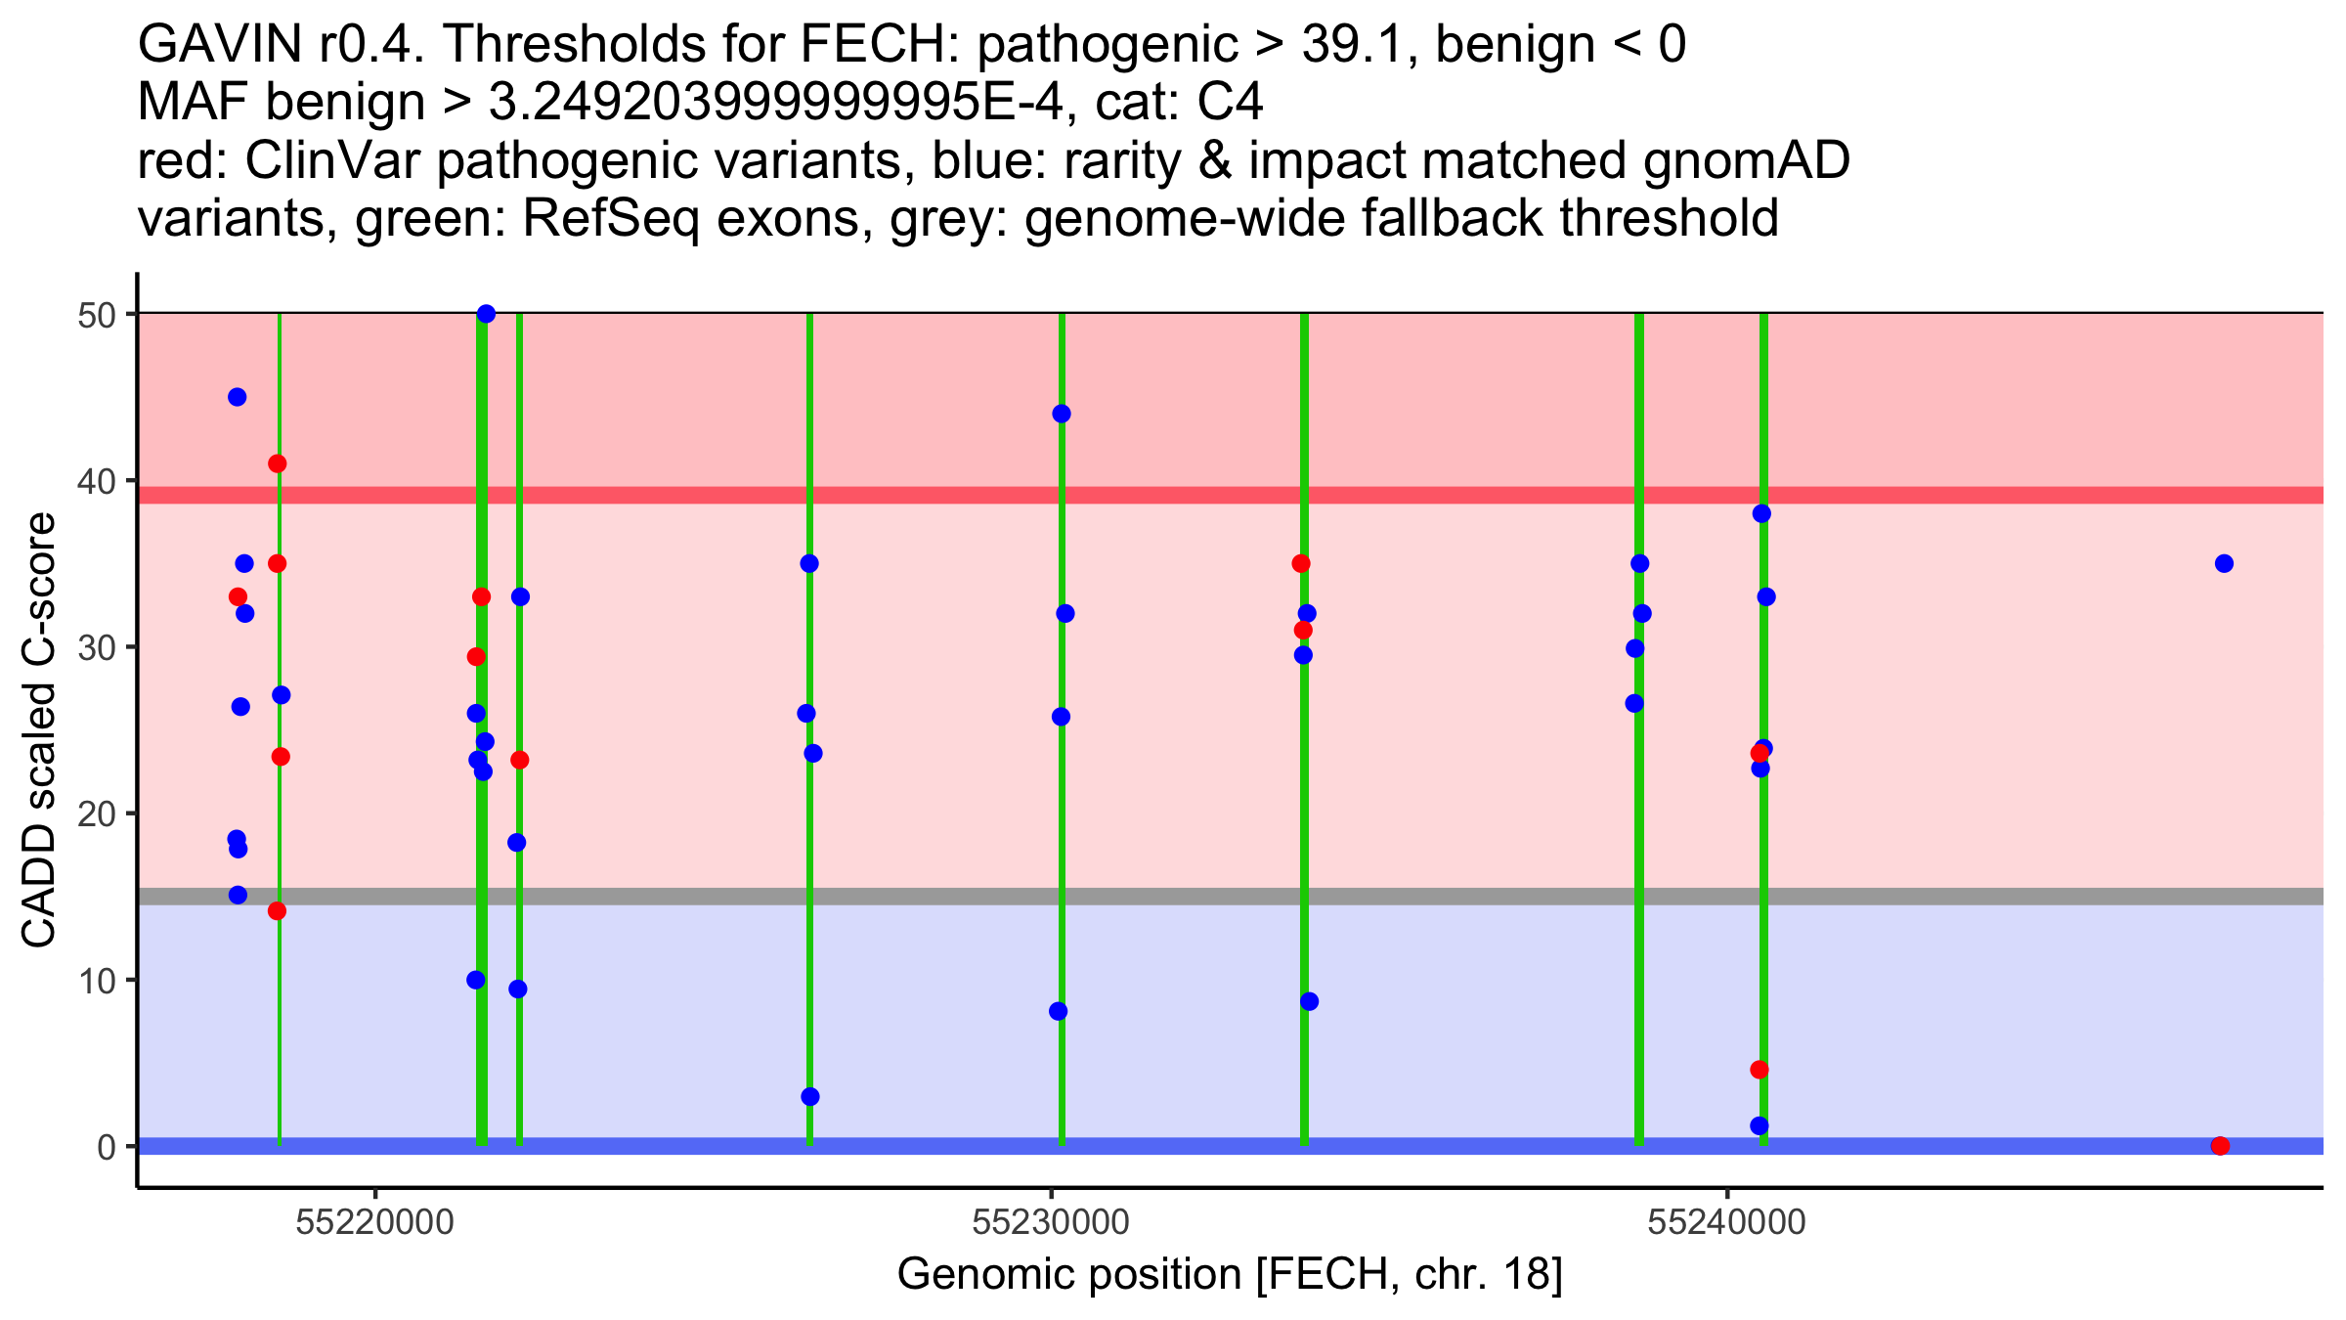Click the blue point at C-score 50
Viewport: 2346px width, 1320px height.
point(486,314)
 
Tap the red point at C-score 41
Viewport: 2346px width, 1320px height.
point(278,463)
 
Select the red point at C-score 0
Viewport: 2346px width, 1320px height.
point(2220,1146)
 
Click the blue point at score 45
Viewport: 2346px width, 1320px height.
point(237,397)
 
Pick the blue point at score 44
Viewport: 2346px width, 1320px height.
point(1062,414)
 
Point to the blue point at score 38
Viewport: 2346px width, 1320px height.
point(1761,513)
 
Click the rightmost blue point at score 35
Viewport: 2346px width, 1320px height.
point(2224,563)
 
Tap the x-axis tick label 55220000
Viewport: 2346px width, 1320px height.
point(375,1222)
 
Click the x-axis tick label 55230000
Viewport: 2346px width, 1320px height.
point(1052,1222)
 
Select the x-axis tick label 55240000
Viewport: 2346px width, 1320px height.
point(1727,1222)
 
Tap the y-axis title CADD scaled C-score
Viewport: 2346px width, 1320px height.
point(39,731)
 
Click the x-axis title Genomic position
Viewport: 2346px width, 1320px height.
point(1230,1275)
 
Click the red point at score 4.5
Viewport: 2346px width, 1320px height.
point(1759,1070)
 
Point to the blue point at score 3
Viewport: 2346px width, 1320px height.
point(810,1097)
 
